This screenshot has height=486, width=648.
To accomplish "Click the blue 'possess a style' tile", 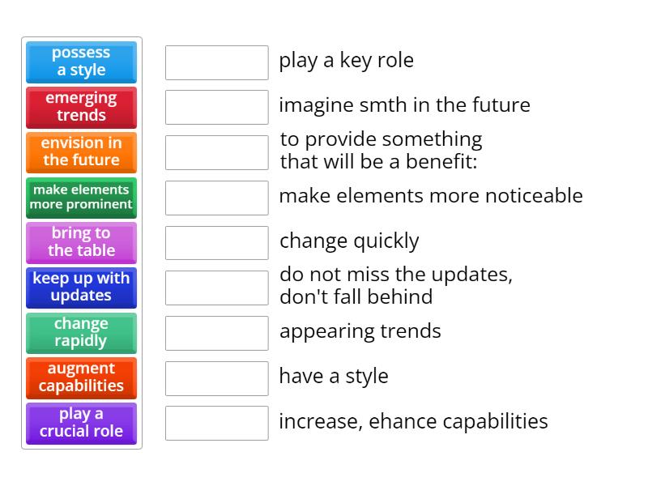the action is pos(82,62).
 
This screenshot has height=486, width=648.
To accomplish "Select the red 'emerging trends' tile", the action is pos(82,108).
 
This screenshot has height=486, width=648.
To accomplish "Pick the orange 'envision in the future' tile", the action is pos(82,152).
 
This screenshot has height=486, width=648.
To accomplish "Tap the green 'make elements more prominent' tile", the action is pos(82,198).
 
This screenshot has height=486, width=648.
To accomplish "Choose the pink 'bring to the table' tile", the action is pos(82,242).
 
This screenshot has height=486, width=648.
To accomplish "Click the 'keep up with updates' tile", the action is pos(82,288).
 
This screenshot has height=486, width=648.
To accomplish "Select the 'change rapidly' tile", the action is pos(82,333).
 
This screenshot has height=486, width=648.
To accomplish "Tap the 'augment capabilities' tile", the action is pos(82,378).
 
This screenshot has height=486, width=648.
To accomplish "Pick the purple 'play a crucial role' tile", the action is pos(82,424).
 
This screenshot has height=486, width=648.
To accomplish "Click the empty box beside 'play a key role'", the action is pos(217,62).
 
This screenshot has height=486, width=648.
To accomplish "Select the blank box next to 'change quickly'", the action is pos(217,243).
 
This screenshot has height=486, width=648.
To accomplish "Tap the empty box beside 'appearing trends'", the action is pos(217,333).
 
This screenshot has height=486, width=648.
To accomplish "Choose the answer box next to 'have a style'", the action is pos(217,378).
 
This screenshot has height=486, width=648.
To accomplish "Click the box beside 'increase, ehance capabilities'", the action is pos(217,423).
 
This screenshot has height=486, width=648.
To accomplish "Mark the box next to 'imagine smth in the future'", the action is pos(217,107).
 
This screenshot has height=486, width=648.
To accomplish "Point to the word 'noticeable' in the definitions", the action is pos(534,195).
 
